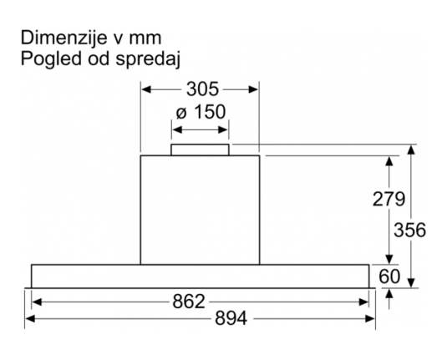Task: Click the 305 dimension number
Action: tap(202, 89)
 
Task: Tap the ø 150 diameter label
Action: tap(201, 112)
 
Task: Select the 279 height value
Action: tap(389, 199)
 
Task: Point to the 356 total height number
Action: tap(409, 230)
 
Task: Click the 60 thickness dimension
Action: tap(389, 276)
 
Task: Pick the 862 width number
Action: tap(189, 302)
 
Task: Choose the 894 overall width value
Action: tap(231, 318)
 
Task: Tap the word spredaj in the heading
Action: tap(148, 60)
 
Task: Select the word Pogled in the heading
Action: tap(51, 59)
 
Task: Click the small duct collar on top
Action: tap(201, 150)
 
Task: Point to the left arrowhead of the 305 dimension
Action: tap(146, 89)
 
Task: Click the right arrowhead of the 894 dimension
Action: tap(370, 319)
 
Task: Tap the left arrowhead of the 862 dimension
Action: tap(37, 302)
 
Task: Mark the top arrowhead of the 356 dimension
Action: tap(411, 150)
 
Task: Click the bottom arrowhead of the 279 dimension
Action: tap(389, 260)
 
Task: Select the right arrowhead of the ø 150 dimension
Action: tap(222, 130)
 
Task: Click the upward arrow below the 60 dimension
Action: tap(389, 299)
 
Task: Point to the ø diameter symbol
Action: tap(181, 113)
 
